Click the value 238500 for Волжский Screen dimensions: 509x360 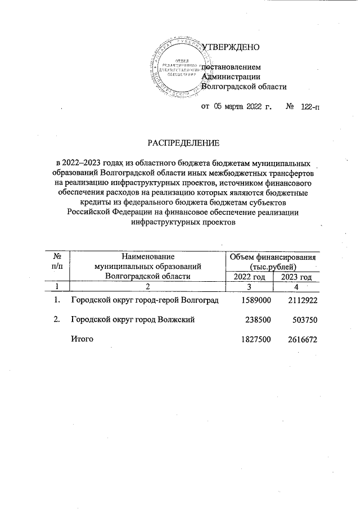coord(258,319)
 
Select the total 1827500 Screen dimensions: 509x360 coord(256,339)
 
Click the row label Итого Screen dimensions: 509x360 coord(81,339)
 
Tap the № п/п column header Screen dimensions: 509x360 coord(56,262)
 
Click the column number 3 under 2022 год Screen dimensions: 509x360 coord(248,287)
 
